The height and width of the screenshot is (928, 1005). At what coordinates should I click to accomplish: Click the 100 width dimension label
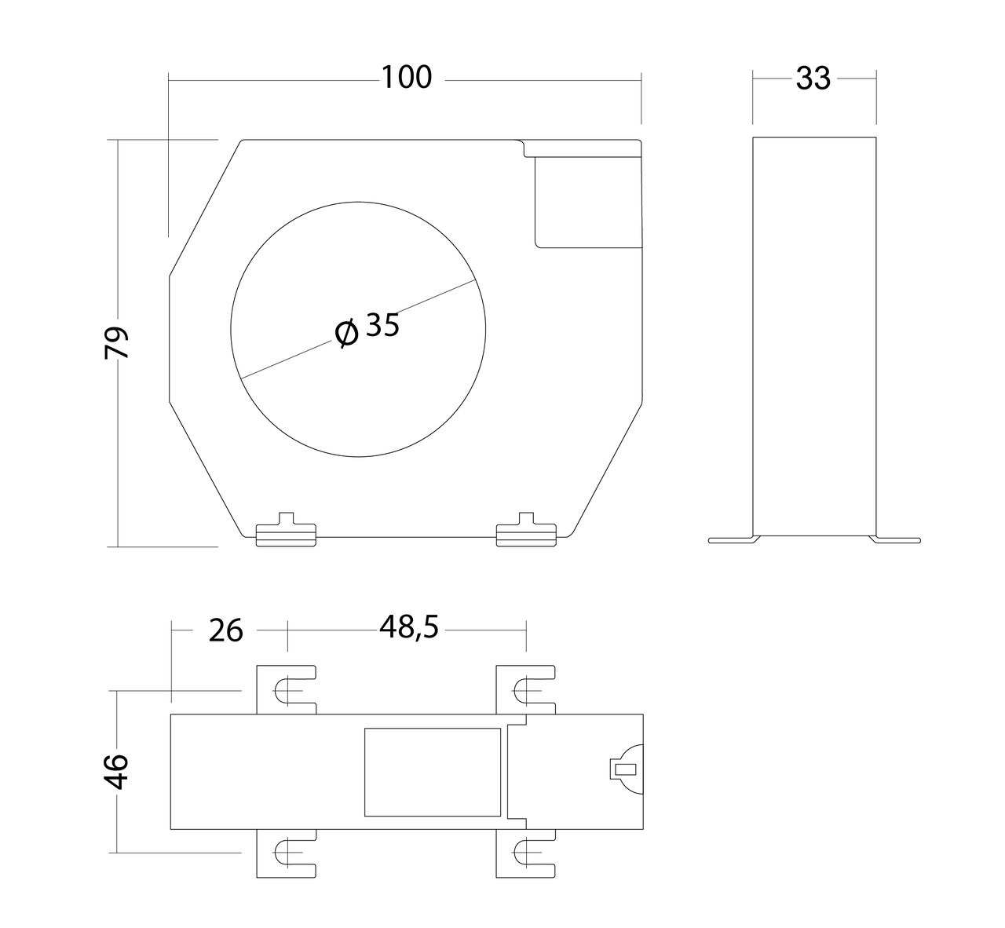[x=407, y=78]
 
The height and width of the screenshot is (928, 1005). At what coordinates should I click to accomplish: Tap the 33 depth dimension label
[x=813, y=79]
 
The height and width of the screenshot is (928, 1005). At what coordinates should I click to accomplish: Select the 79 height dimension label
[x=116, y=343]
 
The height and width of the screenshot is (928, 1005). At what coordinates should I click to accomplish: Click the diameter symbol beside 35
[x=346, y=333]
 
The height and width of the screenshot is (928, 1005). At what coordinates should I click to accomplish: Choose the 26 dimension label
[x=225, y=630]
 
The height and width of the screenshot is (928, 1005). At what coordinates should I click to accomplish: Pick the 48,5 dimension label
[x=409, y=628]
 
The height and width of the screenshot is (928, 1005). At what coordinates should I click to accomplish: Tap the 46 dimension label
[x=116, y=772]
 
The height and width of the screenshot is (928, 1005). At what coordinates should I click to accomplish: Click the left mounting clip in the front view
[x=287, y=530]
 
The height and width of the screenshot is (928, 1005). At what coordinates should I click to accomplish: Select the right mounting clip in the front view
[x=526, y=530]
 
